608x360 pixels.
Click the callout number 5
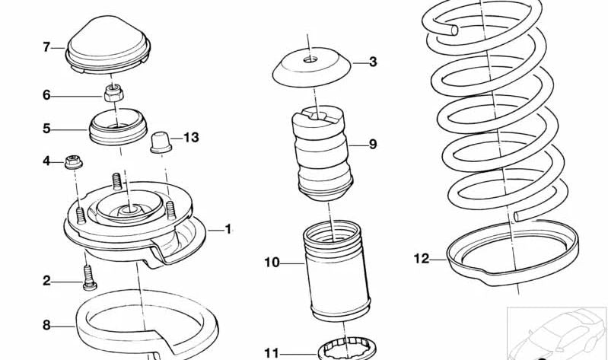46,129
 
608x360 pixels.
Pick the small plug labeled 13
160,142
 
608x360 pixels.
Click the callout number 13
190,137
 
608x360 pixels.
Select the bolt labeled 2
88,275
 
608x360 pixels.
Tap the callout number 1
227,229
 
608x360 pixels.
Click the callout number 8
46,325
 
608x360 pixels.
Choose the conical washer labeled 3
310,68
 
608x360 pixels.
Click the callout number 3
372,62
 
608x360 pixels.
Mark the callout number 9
372,144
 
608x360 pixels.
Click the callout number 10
272,263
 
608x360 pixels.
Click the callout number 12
422,258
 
